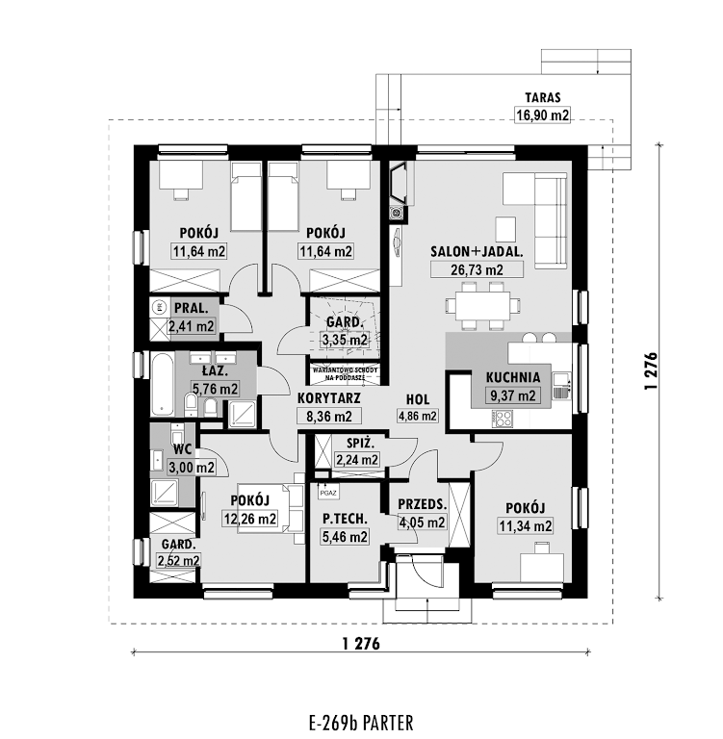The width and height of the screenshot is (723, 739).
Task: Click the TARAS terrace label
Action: coord(543,97)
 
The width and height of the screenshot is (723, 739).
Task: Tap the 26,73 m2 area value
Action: coord(477,269)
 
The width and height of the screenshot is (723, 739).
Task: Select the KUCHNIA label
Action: coord(513,377)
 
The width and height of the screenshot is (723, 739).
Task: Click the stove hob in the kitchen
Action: coord(503,419)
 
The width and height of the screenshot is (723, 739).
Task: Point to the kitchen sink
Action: coord(561,386)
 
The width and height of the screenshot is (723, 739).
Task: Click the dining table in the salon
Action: coord(482,305)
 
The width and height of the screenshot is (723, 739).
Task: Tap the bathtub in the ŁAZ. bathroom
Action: coord(163,384)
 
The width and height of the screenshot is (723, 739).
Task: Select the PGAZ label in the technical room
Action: coord(328,493)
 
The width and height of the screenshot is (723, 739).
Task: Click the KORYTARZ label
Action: coord(328,398)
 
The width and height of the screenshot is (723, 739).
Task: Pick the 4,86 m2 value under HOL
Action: coord(418,416)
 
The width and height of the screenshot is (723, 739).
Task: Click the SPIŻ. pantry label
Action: coord(360,443)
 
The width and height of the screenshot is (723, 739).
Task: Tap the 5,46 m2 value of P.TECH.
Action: coord(345,536)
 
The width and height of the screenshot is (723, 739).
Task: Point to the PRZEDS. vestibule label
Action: coord(422,504)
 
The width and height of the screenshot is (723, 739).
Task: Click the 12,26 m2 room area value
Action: coord(250,519)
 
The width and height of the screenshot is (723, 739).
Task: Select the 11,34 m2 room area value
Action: coord(526,526)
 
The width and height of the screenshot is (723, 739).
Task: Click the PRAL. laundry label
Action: coord(191,308)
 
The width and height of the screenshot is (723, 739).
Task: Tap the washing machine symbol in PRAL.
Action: coord(160,307)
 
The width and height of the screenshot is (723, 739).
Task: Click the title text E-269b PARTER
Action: coord(361,723)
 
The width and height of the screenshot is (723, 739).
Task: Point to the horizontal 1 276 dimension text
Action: coord(361,644)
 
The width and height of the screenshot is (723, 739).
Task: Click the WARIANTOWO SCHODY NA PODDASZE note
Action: coord(345,374)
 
